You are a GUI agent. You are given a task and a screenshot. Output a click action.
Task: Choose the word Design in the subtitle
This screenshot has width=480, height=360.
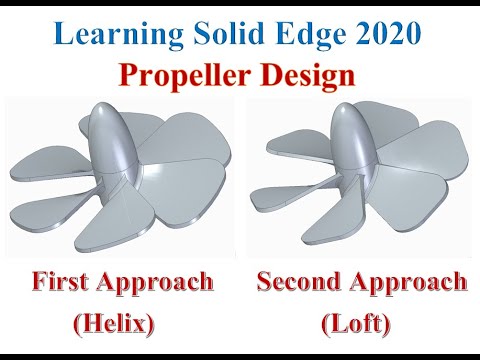[x=303, y=76]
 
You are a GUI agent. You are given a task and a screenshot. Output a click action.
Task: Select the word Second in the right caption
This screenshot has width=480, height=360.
[x=299, y=281]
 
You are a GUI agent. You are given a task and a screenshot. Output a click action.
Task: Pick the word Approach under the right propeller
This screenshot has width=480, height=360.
[x=409, y=283]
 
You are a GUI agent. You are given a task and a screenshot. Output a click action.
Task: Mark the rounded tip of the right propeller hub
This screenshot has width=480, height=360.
[x=346, y=109]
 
